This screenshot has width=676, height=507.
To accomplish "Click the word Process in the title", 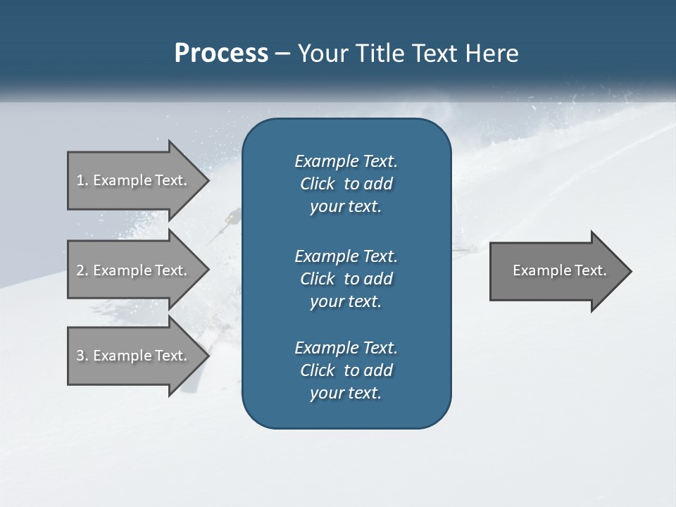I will point(221,54).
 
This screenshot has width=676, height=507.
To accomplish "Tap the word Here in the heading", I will point(492,54).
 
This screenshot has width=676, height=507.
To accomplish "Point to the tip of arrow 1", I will point(207,180).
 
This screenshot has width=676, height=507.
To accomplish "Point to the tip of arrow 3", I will point(207,356).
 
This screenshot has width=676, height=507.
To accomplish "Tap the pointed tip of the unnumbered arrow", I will point(630,271).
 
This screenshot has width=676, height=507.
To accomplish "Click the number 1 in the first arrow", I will point(80,180).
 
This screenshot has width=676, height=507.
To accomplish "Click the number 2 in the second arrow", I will point(80,270).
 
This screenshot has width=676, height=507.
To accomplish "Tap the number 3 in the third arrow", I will point(80,356).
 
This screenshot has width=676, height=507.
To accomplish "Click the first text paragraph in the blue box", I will point(346,184).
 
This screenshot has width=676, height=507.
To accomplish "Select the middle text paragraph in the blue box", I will point(346,278).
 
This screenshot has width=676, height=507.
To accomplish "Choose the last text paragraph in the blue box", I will point(346,370).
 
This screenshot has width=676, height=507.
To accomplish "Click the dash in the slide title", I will point(282,54).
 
